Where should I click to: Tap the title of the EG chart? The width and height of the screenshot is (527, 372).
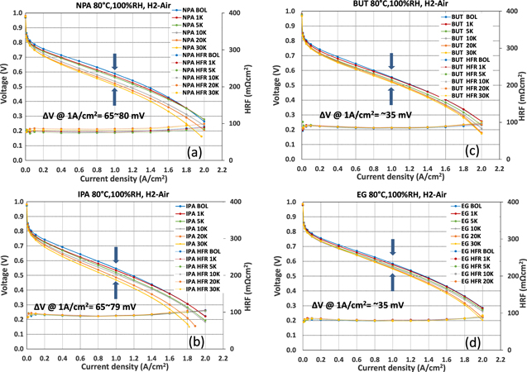(385, 194)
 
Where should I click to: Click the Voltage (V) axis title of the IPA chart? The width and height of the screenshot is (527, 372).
(7, 259)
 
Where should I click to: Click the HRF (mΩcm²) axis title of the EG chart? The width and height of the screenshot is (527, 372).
(520, 259)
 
